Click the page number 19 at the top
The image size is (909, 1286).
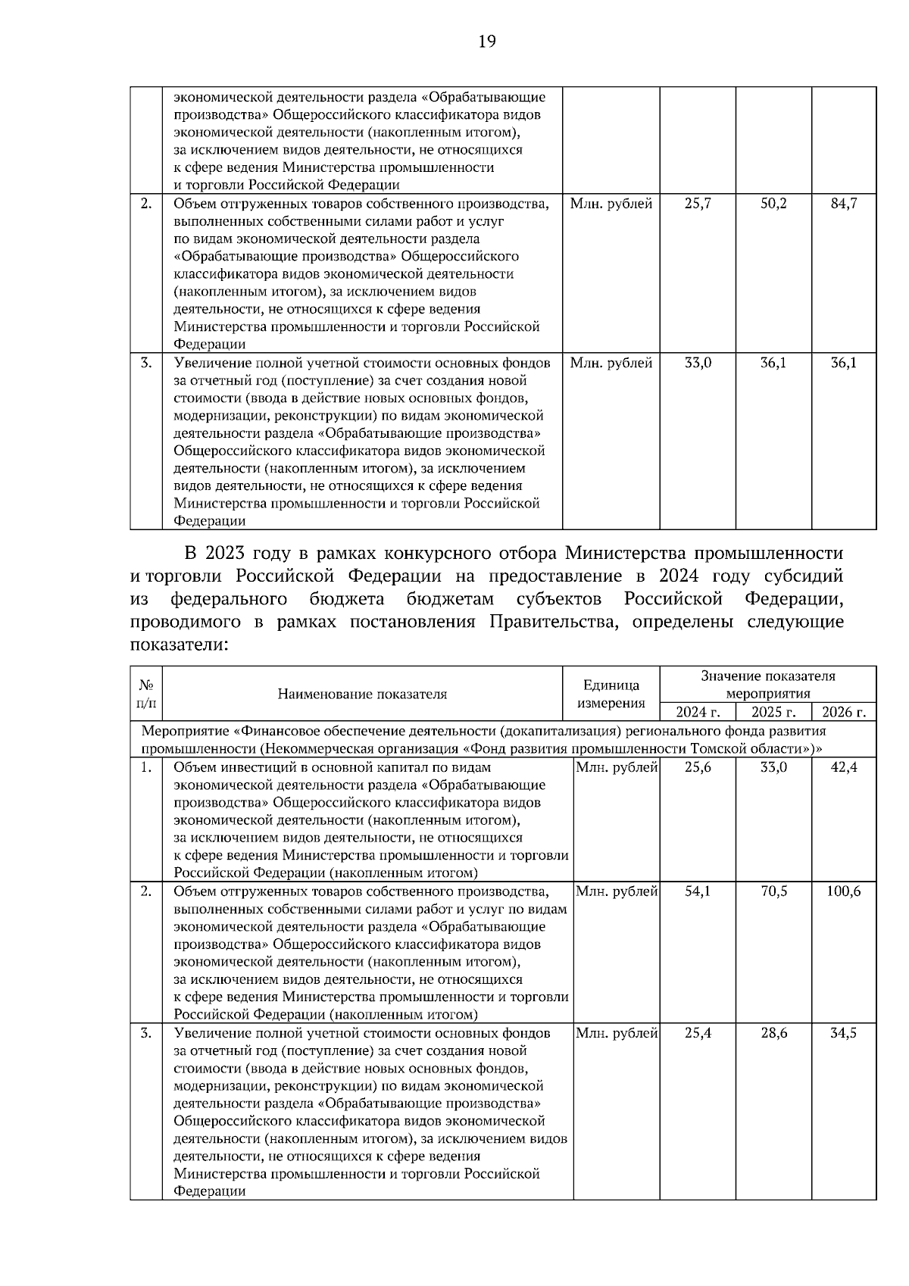pyautogui.click(x=487, y=42)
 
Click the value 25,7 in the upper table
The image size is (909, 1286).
pyautogui.click(x=698, y=204)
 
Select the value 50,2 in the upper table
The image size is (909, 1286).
pyautogui.click(x=773, y=204)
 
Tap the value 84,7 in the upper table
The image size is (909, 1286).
pyautogui.click(x=844, y=204)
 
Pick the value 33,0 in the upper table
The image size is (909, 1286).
pyautogui.click(x=698, y=363)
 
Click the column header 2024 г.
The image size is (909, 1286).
pyautogui.click(x=698, y=712)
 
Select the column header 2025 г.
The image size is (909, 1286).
pyautogui.click(x=773, y=712)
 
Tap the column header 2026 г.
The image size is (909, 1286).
pyautogui.click(x=844, y=712)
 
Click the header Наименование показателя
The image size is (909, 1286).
pyautogui.click(x=362, y=694)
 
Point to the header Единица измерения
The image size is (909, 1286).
pyautogui.click(x=611, y=694)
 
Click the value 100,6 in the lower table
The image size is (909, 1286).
pyautogui.click(x=844, y=891)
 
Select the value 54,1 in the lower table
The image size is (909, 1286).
pyautogui.click(x=698, y=891)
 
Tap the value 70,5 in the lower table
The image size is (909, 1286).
pyautogui.click(x=773, y=891)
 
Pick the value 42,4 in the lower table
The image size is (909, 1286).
pyautogui.click(x=844, y=767)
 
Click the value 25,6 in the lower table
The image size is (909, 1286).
pyautogui.click(x=698, y=767)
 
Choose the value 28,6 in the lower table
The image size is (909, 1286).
pyautogui.click(x=773, y=1033)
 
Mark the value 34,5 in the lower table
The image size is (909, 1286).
pyautogui.click(x=844, y=1033)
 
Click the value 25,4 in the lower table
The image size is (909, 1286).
pyautogui.click(x=698, y=1033)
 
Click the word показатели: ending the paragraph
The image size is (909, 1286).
pyautogui.click(x=179, y=645)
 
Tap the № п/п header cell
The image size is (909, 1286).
pyautogui.click(x=146, y=694)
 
